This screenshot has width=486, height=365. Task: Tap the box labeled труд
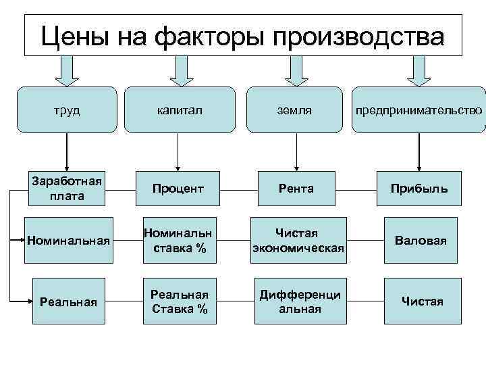point(66,109)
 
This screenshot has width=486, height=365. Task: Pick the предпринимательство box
point(419,109)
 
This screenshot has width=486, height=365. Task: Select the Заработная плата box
point(66,189)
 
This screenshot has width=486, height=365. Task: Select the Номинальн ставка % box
point(179,241)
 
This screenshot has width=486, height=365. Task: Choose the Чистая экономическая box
point(298,241)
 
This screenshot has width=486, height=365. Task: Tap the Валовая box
point(421,241)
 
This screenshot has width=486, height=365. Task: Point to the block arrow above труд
point(66,70)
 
